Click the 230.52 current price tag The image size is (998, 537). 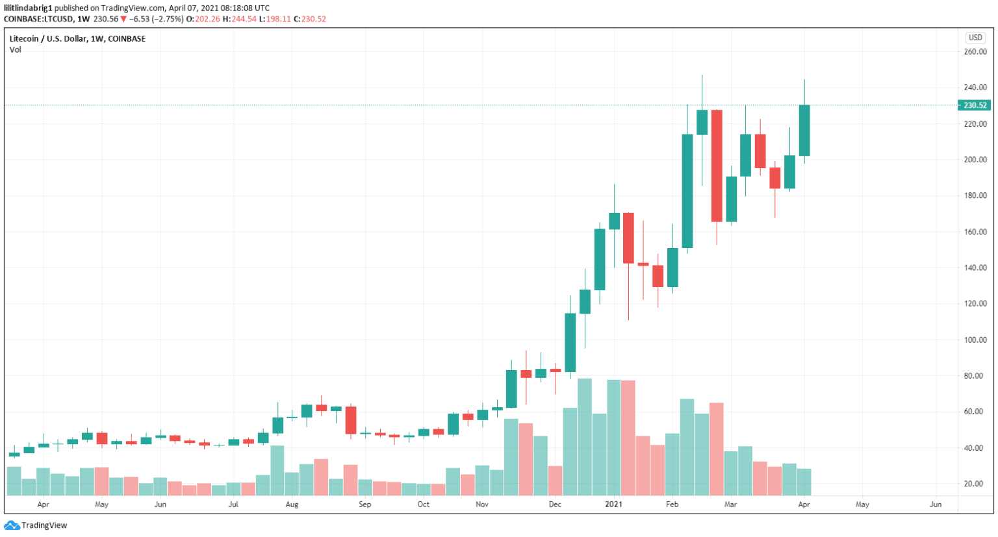[x=975, y=105]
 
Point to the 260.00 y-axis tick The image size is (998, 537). [x=975, y=52]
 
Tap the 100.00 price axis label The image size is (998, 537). [x=975, y=340]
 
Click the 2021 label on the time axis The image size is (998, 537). [x=613, y=505]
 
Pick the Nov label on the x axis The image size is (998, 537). [x=481, y=505]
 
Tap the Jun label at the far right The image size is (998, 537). [x=936, y=505]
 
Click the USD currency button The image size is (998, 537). [x=975, y=38]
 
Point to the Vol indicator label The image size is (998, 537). [x=15, y=50]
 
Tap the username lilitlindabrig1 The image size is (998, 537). [x=28, y=8]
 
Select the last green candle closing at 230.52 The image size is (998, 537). [x=804, y=130]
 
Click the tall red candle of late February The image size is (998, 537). [x=717, y=166]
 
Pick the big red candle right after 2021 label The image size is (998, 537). [x=628, y=238]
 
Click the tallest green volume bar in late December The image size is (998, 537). [x=584, y=437]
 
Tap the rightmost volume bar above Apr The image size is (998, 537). [x=804, y=482]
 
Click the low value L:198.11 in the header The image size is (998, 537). [x=276, y=19]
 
